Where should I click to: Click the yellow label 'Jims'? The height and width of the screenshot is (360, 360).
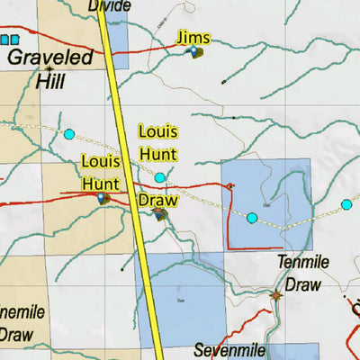[x=194, y=37]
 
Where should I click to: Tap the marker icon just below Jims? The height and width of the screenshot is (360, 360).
[x=193, y=52]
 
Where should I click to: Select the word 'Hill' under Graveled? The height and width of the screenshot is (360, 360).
[x=49, y=82]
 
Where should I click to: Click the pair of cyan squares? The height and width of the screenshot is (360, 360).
[x=9, y=40]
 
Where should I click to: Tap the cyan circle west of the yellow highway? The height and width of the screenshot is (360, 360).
[x=68, y=135]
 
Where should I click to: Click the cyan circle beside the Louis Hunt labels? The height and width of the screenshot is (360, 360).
[x=160, y=177]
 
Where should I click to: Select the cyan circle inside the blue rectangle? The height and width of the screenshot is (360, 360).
[x=252, y=218]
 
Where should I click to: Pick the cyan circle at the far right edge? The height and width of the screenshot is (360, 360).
[x=346, y=205]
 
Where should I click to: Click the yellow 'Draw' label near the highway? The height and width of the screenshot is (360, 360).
[x=156, y=199]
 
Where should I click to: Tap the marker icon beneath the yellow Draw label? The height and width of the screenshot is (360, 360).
[x=160, y=214]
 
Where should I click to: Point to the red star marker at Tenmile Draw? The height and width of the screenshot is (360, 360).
[x=276, y=293]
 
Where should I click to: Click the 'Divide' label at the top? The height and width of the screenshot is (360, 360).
[x=109, y=6]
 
